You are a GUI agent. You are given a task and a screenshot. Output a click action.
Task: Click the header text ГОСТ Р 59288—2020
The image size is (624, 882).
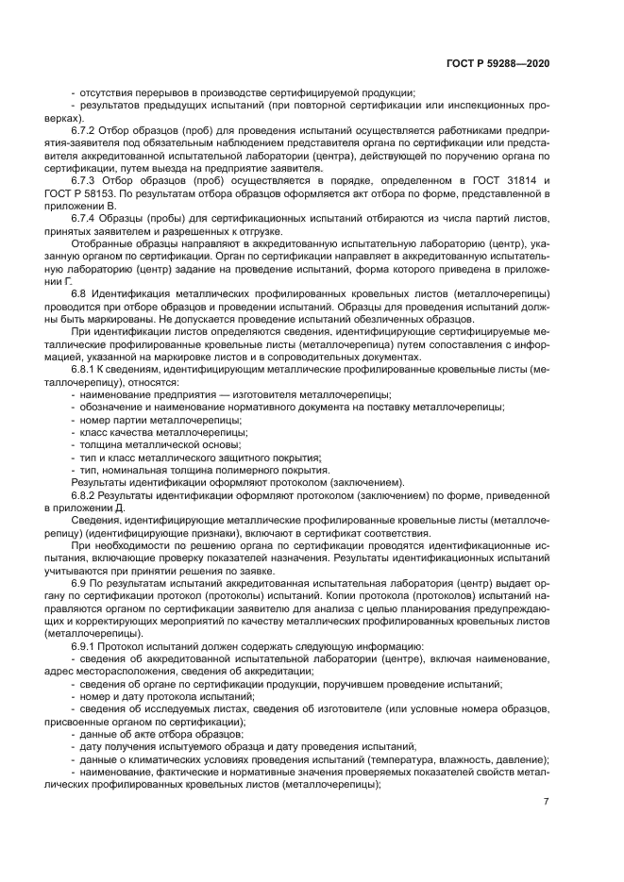[x=498, y=63]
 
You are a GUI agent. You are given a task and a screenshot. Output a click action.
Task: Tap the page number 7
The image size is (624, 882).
[x=546, y=802]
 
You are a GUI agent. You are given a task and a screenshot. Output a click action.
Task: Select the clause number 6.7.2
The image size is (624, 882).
[x=85, y=128]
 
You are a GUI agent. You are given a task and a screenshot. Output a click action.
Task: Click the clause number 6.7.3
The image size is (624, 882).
[x=85, y=179]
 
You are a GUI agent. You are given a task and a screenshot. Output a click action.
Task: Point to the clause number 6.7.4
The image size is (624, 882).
[x=85, y=218]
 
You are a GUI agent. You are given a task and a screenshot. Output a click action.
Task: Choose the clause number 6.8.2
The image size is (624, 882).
[x=85, y=495]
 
